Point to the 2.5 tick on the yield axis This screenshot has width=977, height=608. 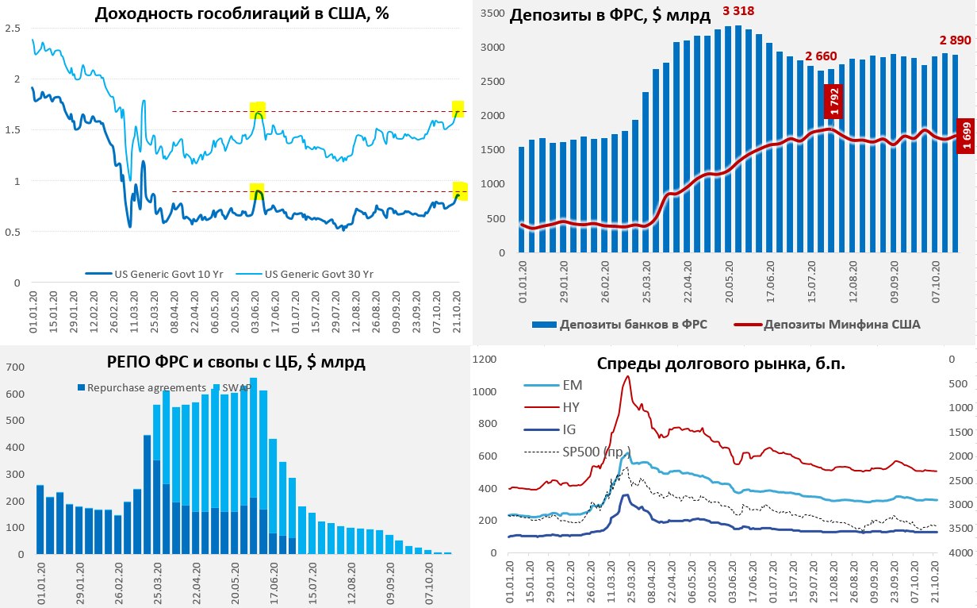pyautogui.click(x=13, y=28)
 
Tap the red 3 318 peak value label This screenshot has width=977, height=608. pyautogui.click(x=738, y=11)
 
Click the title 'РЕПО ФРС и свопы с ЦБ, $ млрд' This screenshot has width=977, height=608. pyautogui.click(x=236, y=363)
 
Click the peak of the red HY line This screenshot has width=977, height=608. pyautogui.click(x=627, y=376)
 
